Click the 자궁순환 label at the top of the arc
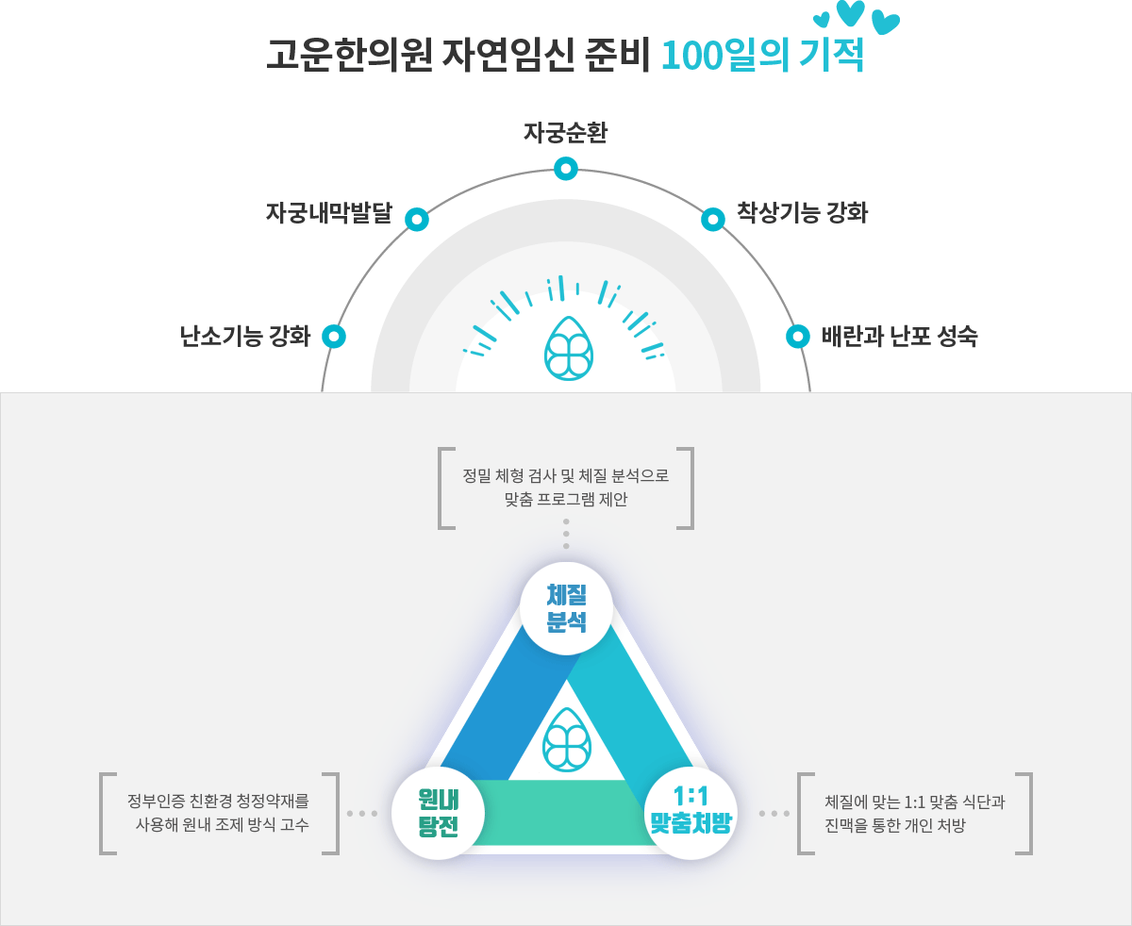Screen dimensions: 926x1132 click(x=565, y=133)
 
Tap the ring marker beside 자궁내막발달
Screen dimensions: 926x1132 click(x=417, y=220)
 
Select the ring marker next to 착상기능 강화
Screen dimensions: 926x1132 click(x=713, y=220)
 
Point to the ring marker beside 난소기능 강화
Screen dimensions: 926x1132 click(x=334, y=336)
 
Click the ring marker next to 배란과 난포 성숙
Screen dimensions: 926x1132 click(x=798, y=336)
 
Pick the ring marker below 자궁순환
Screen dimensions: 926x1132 click(x=565, y=169)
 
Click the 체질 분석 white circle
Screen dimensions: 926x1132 click(x=566, y=608)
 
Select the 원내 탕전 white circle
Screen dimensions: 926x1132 click(x=438, y=813)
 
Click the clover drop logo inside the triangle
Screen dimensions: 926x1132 click(x=567, y=738)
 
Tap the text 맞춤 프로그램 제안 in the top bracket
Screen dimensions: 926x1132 click(x=566, y=500)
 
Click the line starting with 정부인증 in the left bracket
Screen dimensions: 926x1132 click(x=218, y=802)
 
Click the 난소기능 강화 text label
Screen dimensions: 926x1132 click(x=245, y=336)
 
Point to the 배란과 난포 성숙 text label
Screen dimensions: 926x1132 click(x=899, y=336)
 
